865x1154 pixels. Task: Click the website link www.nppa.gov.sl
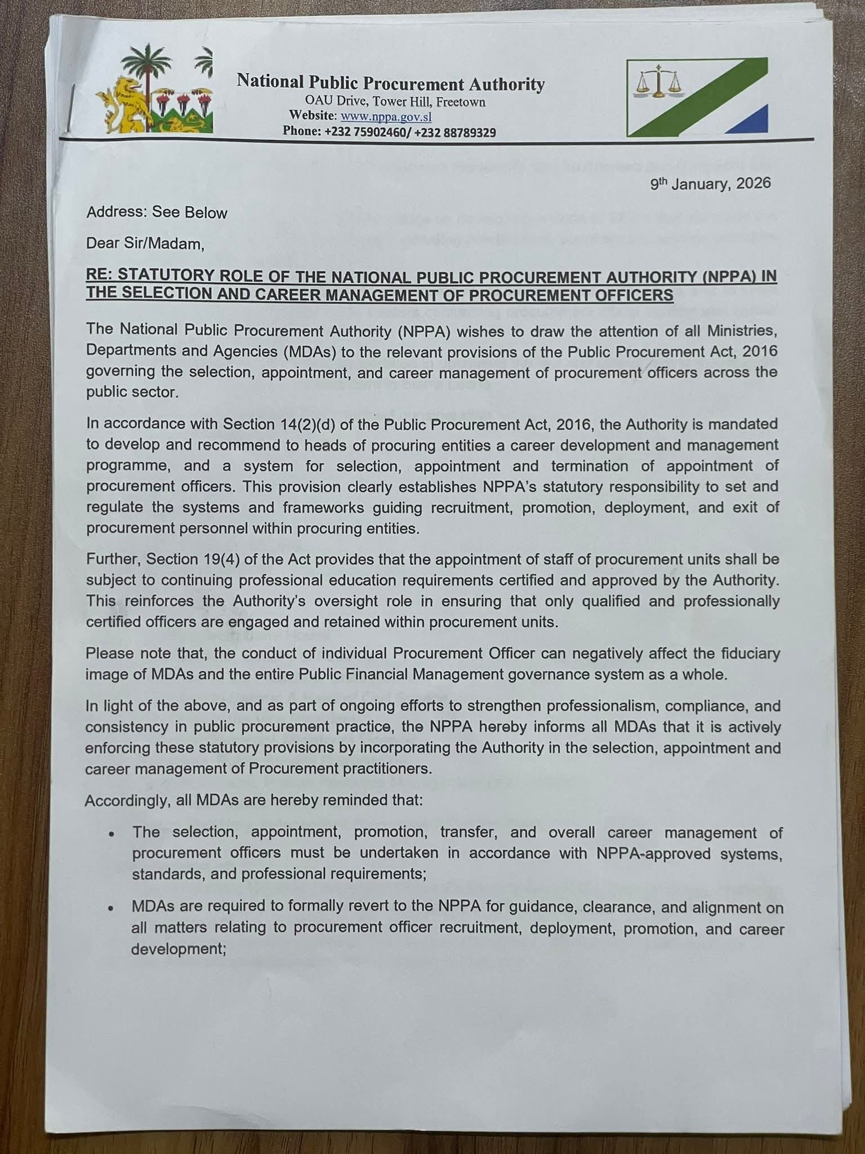(386, 117)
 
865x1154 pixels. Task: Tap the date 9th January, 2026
(710, 184)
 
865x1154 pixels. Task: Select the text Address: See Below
(157, 213)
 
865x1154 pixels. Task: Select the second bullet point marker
(113, 909)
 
